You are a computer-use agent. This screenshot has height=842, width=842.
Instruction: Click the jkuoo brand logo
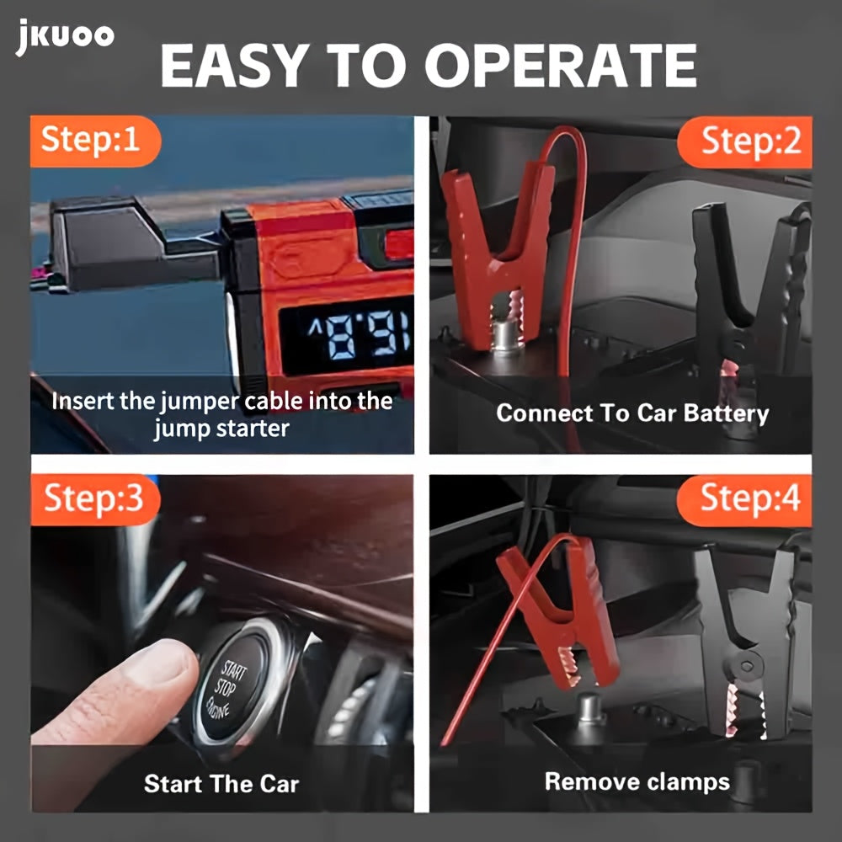pos(65,36)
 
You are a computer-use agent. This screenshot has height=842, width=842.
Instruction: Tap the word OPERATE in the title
pos(561,66)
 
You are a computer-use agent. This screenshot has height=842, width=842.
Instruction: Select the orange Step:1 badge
pos(96,141)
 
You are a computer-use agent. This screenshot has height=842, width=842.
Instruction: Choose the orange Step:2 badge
pos(745,142)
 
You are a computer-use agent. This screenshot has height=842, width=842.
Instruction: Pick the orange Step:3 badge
pos(96,499)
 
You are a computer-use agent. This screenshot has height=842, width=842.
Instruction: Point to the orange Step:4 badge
pos(744,500)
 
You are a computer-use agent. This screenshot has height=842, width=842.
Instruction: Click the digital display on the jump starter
pos(347,336)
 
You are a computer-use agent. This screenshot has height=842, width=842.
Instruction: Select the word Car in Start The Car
pos(280,784)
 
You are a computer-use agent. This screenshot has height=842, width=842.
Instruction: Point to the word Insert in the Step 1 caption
pos(83,402)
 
